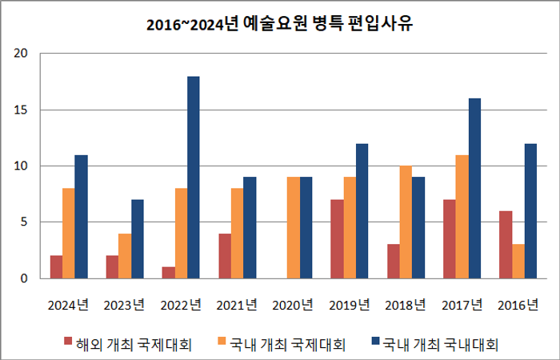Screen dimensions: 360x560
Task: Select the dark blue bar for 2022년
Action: pos(194,178)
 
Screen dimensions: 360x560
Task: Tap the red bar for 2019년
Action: pos(337,239)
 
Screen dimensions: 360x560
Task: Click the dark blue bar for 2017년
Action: pos(474,189)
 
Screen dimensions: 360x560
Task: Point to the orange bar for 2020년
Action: pos(293,228)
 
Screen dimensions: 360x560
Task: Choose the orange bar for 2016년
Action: pos(518,262)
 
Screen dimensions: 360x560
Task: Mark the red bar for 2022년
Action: pos(169,273)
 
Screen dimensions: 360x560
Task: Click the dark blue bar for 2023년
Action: pos(137,239)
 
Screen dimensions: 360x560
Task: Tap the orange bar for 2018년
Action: pos(406,222)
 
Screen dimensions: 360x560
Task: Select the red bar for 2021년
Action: pos(225,256)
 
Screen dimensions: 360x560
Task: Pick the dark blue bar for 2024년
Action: pos(81,217)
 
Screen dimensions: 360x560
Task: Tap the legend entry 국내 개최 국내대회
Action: pos(432,345)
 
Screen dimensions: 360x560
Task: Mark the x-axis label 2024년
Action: pos(68,305)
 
